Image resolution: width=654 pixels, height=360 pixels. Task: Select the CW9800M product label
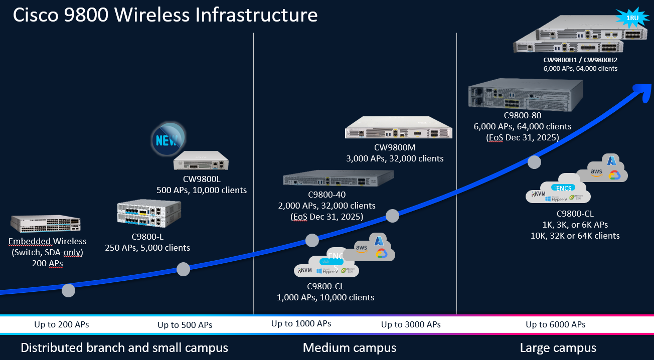tap(395, 147)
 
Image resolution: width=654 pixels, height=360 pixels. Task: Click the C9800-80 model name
tap(523, 116)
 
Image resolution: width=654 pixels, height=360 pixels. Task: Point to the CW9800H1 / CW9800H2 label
tap(580, 60)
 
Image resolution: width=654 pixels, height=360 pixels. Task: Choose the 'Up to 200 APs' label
tap(61, 324)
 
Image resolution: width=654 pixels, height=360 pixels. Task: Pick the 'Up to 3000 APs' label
tap(411, 324)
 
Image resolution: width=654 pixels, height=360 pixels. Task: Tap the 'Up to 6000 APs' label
tap(555, 324)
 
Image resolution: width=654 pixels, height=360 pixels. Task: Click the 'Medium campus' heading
tap(350, 347)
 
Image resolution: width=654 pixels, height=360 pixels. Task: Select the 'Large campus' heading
tap(558, 347)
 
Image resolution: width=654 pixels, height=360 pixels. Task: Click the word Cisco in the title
tap(36, 16)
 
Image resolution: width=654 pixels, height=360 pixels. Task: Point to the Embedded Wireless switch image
tap(45, 224)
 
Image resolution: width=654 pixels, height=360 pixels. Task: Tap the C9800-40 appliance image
tap(338, 178)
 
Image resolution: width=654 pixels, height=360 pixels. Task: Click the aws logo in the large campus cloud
tap(596, 171)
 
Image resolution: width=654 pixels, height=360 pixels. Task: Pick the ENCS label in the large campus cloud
tap(564, 188)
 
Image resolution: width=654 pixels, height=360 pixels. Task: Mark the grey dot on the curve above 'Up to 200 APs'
tap(68, 290)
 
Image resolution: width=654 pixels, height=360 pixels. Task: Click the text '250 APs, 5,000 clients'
tap(147, 247)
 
